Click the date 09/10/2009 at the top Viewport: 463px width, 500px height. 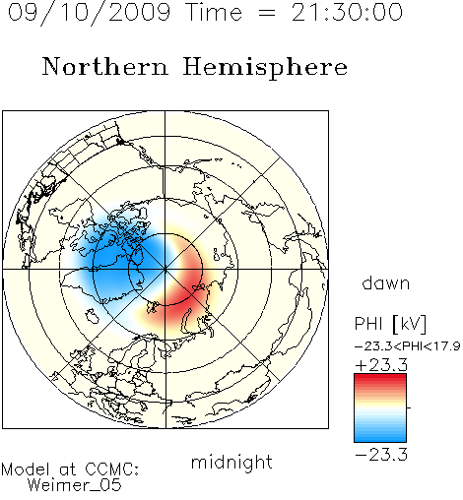click(89, 13)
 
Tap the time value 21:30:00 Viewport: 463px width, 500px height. click(347, 12)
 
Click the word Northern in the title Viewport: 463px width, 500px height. click(105, 66)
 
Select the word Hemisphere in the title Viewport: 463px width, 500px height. click(265, 68)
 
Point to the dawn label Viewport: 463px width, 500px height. click(386, 282)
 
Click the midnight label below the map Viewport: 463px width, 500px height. click(231, 462)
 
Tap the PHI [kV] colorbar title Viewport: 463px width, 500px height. click(390, 324)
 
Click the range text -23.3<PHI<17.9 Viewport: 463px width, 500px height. click(408, 346)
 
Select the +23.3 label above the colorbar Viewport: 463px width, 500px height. click(381, 365)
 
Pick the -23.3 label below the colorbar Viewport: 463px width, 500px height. click(381, 455)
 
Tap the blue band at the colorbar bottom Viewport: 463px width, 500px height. click(380, 435)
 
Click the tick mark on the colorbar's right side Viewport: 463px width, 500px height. click(409, 407)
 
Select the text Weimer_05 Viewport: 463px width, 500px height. click(75, 485)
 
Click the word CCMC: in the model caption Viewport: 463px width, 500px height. click(112, 469)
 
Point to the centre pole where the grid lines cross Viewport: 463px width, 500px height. click(165, 270)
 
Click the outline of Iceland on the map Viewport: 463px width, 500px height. click(93, 315)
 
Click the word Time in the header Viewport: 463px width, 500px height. click(214, 12)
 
